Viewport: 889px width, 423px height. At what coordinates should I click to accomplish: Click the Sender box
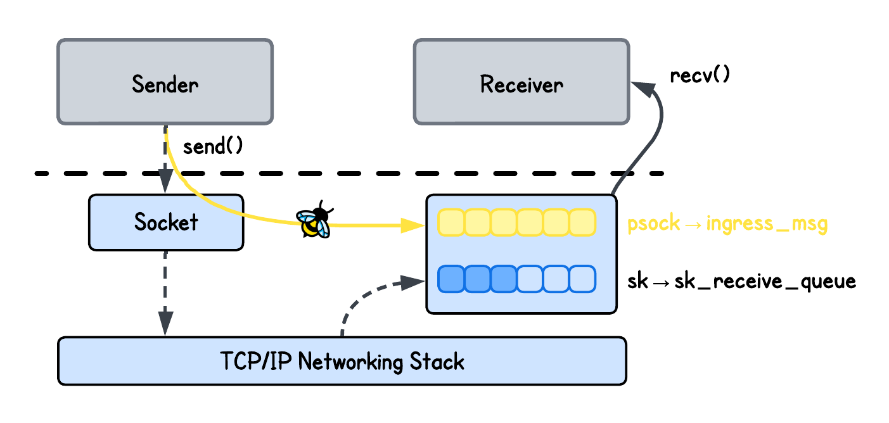click(165, 82)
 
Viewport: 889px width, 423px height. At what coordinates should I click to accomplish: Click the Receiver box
click(521, 82)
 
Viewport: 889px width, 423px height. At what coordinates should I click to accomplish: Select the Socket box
click(166, 222)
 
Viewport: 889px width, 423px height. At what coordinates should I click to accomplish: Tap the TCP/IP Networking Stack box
click(342, 361)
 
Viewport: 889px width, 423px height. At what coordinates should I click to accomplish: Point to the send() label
click(213, 147)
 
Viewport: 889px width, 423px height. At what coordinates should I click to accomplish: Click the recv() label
click(700, 75)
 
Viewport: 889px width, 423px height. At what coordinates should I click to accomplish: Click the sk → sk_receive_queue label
click(741, 281)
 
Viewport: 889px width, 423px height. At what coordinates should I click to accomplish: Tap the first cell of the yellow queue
click(451, 222)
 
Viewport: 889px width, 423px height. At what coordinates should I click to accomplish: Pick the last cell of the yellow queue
click(582, 222)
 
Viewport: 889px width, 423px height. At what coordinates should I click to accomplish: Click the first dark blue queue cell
click(451, 279)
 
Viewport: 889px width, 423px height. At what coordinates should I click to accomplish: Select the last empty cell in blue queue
click(582, 279)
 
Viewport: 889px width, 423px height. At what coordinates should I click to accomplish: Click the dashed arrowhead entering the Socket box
click(165, 184)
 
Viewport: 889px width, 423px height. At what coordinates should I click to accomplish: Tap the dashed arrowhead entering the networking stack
click(165, 325)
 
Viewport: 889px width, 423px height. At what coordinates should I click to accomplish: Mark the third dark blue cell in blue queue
click(504, 279)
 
